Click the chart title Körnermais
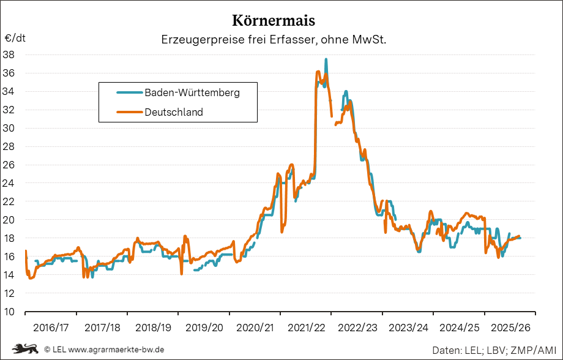tap(274, 20)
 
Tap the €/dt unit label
tap(15, 38)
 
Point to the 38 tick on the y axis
tap(9, 54)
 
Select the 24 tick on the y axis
tap(9, 183)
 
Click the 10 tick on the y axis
tap(9, 312)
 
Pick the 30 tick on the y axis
tap(9, 128)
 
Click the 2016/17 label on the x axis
tap(50, 328)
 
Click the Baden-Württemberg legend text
tap(192, 93)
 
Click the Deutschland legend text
tap(174, 112)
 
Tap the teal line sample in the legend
tap(129, 93)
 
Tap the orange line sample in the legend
tap(129, 112)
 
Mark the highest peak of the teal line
tap(326, 60)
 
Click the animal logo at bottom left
tap(24, 349)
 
